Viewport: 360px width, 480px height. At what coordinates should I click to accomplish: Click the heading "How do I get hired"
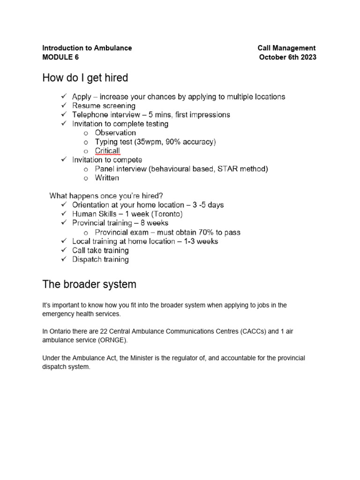tap(85, 77)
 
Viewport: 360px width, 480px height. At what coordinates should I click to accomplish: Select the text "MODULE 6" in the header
tap(60, 57)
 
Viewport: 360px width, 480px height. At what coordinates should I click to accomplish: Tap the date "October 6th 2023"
tap(288, 57)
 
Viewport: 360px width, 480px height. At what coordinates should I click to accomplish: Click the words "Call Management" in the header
tap(286, 48)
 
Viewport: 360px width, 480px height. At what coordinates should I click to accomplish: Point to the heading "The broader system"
tap(90, 284)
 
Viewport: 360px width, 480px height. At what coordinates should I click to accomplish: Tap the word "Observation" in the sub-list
tap(115, 133)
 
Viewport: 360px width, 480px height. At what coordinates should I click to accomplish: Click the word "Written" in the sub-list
tap(107, 178)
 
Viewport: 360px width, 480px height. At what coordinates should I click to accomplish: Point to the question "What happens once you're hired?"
tap(106, 195)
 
